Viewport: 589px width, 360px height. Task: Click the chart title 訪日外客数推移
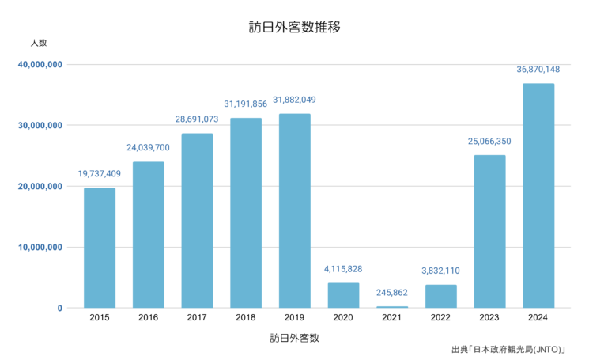(294, 27)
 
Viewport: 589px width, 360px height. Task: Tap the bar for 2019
(295, 210)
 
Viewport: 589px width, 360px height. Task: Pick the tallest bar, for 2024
(538, 195)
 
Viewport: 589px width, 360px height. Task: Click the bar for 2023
(489, 231)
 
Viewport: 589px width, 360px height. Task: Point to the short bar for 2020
(343, 295)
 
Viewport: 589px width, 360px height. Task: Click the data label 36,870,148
(538, 70)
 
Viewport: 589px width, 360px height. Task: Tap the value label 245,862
(392, 293)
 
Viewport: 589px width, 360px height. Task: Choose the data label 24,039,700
(148, 147)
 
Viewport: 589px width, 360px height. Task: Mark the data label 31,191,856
(246, 104)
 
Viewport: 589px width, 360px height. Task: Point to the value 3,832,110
(441, 271)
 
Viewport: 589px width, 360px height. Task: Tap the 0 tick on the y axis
(59, 309)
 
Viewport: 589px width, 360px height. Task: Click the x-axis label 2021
(392, 318)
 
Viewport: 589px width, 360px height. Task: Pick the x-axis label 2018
(246, 318)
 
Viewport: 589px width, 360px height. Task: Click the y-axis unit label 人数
(39, 42)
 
